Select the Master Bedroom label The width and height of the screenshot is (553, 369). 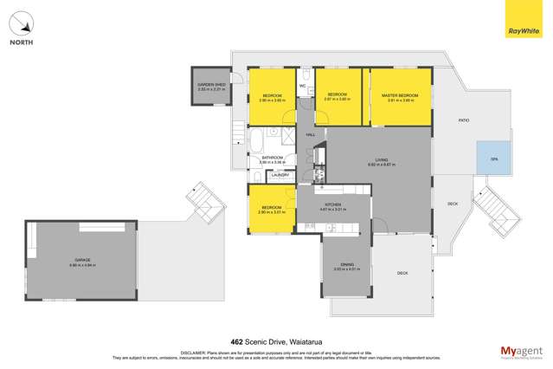(x=400, y=94)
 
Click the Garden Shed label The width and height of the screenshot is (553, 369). (x=210, y=84)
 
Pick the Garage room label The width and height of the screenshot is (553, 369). (x=81, y=260)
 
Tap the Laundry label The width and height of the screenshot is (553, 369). (x=279, y=176)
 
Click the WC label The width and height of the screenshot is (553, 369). (x=303, y=86)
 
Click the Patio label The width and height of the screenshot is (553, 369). (x=452, y=120)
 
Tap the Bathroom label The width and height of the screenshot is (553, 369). (x=273, y=158)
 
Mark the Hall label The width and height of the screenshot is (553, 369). (x=310, y=134)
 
